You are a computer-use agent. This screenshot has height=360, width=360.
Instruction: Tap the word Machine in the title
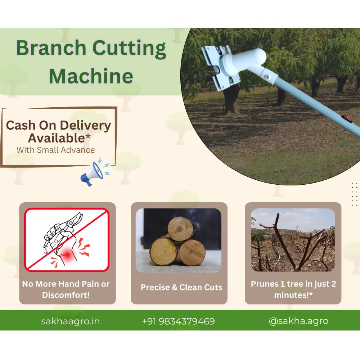click(x=91, y=76)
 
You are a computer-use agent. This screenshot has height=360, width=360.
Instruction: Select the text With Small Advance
click(x=55, y=150)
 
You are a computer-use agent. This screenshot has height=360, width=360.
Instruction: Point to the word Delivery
click(x=85, y=126)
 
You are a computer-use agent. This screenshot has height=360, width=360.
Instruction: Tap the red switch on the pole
click(x=347, y=119)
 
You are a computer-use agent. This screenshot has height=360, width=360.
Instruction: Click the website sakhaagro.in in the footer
click(x=70, y=321)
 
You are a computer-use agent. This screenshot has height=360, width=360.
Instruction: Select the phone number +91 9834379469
click(x=179, y=321)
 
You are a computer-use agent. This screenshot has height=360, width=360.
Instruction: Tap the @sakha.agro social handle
click(x=298, y=321)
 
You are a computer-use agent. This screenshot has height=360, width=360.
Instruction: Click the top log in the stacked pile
click(x=180, y=229)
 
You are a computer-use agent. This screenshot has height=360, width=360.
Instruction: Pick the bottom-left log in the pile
click(x=163, y=252)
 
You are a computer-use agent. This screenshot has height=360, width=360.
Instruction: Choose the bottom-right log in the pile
click(x=192, y=253)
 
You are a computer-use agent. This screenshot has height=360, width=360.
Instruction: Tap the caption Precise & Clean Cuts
click(x=181, y=287)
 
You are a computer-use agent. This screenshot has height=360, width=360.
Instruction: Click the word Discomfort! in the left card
click(x=66, y=295)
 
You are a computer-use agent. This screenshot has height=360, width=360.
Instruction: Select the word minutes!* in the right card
click(x=293, y=295)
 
